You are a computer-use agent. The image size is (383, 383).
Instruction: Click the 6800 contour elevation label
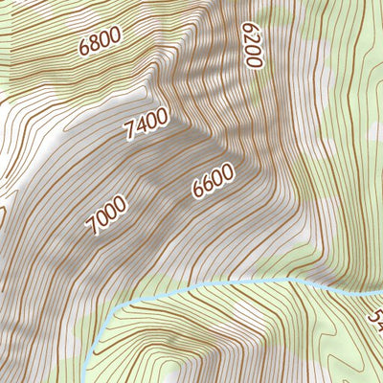[101, 43]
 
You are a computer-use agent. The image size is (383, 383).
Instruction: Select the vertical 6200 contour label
[251, 45]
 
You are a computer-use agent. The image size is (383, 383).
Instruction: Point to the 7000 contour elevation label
[105, 214]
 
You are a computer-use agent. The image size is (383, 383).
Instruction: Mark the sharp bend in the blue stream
[117, 308]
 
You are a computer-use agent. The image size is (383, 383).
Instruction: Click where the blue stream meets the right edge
[381, 290]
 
